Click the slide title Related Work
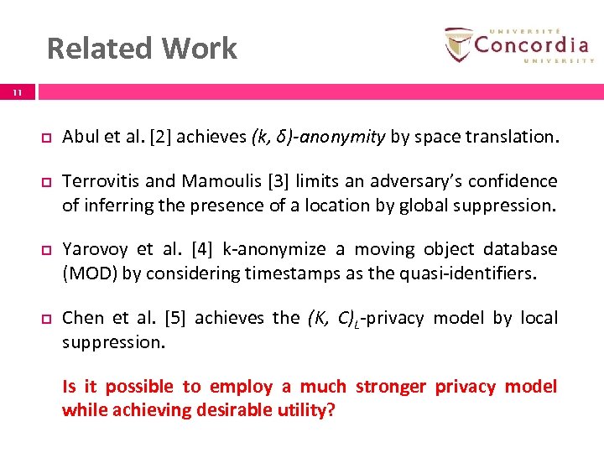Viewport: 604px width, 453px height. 142,49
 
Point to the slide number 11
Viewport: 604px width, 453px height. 18,94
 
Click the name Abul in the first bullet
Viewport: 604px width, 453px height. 81,137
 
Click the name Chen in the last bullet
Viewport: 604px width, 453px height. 83,318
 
